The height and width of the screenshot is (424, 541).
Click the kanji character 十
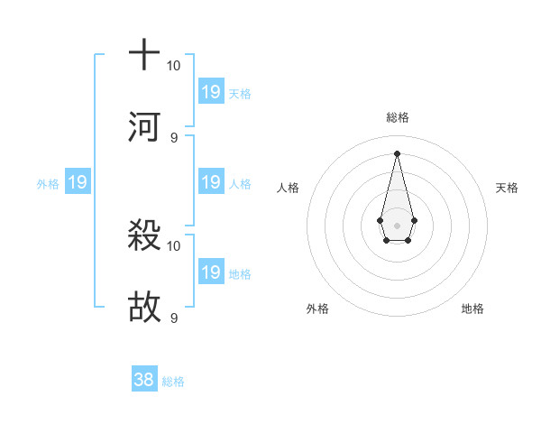click(x=144, y=54)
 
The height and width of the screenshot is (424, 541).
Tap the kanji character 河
click(x=144, y=126)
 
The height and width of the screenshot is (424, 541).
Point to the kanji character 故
click(x=144, y=308)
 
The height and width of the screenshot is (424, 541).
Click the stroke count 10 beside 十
click(x=174, y=66)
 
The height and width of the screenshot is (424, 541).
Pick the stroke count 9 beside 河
click(x=174, y=137)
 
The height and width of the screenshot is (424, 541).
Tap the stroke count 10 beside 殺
click(x=174, y=245)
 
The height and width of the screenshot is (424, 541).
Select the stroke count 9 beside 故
click(x=174, y=318)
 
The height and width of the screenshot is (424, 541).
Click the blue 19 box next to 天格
click(x=211, y=91)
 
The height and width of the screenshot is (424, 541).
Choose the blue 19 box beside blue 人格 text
click(x=211, y=182)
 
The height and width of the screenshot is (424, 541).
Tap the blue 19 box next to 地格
click(x=211, y=272)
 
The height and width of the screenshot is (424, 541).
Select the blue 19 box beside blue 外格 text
click(x=78, y=182)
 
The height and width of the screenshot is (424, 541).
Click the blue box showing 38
click(x=144, y=380)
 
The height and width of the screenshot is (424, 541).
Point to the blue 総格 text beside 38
click(x=173, y=382)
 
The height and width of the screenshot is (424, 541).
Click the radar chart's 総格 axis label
click(x=397, y=117)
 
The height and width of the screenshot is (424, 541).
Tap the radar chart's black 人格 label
click(x=289, y=188)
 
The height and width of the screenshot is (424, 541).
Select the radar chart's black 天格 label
click(x=507, y=188)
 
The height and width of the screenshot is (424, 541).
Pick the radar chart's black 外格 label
click(x=317, y=309)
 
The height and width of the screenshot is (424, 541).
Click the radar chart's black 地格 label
click(x=472, y=309)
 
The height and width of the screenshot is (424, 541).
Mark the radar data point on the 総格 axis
click(x=397, y=153)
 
